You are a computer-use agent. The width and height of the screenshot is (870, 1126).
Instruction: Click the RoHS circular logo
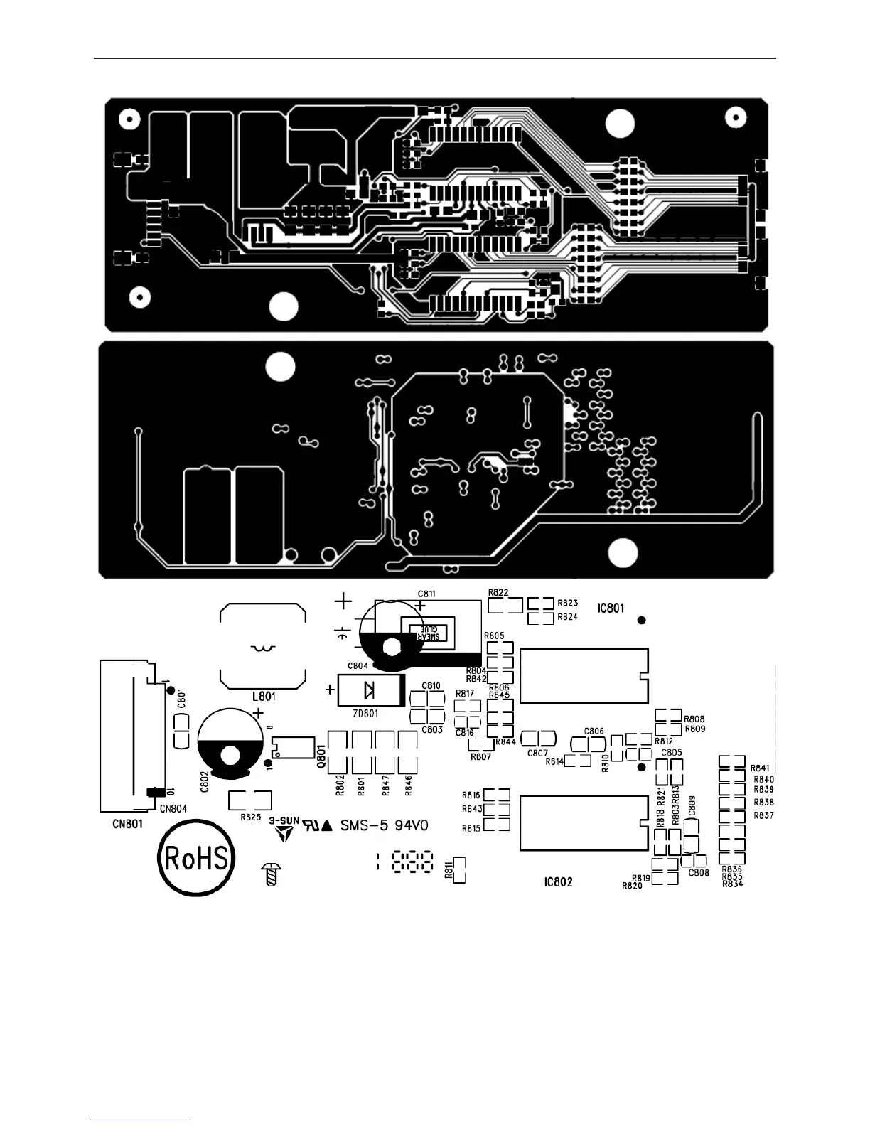[195, 858]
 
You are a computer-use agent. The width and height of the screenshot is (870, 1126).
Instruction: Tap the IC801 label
[610, 608]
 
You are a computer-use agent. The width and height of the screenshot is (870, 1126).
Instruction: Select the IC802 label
[558, 881]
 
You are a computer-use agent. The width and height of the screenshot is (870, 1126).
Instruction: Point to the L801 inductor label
[264, 697]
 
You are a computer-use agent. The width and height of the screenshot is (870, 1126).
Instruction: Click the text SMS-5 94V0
[384, 825]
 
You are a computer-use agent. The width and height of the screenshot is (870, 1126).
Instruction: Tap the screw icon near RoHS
[270, 874]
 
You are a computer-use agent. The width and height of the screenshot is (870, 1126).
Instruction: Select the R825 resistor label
[250, 817]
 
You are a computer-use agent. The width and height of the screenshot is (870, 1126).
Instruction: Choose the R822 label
[498, 592]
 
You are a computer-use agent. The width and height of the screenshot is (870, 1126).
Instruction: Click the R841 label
[759, 768]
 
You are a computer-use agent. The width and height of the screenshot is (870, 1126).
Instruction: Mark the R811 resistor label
[448, 869]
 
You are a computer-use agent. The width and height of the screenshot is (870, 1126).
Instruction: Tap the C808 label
[699, 873]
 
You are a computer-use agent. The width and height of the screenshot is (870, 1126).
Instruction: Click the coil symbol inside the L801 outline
[264, 648]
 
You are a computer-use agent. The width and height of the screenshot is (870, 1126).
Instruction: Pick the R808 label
[695, 719]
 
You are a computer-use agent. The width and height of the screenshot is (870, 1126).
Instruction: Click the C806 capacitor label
[594, 731]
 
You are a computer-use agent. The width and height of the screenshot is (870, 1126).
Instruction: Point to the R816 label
[471, 795]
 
